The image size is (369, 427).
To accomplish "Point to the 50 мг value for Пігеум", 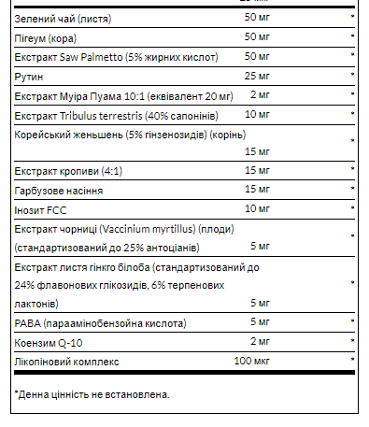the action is [257, 37].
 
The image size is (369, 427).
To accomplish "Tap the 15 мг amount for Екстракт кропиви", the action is [257, 171].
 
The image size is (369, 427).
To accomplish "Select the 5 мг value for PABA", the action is [261, 323].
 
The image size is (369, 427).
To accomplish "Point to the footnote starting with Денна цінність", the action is [92, 395].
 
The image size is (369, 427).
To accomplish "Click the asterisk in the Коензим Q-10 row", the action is [352, 342].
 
